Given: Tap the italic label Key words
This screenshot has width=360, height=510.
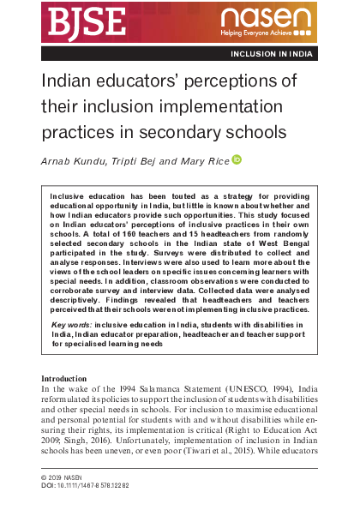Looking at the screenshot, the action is (71, 325).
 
